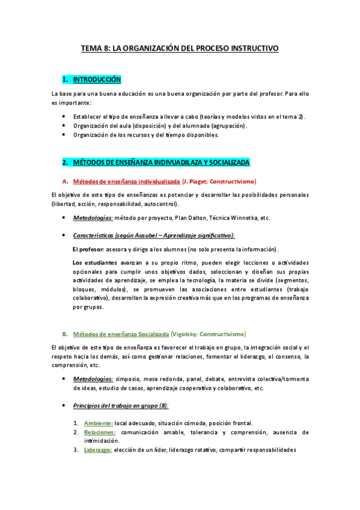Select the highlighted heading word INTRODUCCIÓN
pos(97,79)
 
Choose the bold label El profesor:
pos(88,249)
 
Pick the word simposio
pos(129,379)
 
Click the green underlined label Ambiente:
pos(98,423)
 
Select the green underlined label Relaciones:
pos(100,432)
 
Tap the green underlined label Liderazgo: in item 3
pos(98,450)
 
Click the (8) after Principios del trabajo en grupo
pos(162,405)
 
